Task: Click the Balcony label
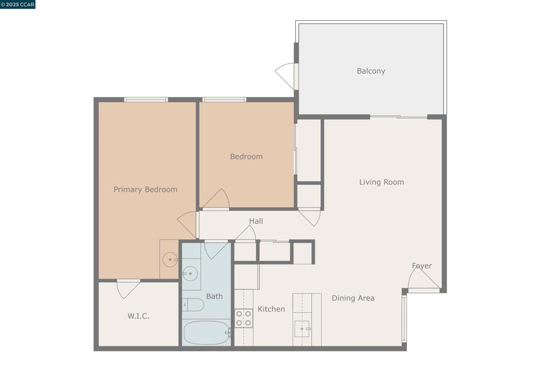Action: pos(371,71)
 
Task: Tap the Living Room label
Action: pos(381,182)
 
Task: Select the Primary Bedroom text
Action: pos(146,190)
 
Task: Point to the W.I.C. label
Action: pos(138,316)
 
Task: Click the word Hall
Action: pos(256,221)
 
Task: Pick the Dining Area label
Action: pos(353,298)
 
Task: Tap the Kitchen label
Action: pos(271,309)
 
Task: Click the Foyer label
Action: pos(422,266)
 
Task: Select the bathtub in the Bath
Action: pos(206,333)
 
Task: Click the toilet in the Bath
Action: pos(193,305)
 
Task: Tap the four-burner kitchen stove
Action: pos(243,318)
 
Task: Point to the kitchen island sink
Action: pos(302,328)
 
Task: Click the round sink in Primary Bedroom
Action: pos(170,259)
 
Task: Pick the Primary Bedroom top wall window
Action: pos(146,99)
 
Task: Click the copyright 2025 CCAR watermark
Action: pos(18,4)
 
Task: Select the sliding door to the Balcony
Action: pos(398,117)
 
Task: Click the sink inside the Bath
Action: pos(190,274)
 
